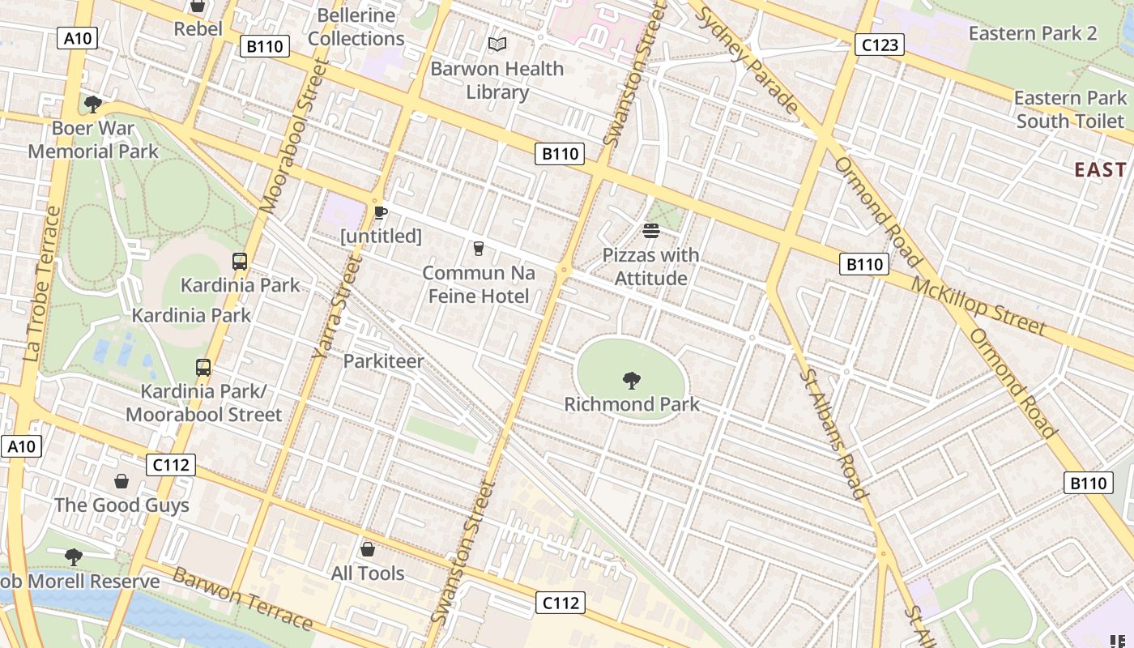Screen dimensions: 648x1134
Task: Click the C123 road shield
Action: click(880, 45)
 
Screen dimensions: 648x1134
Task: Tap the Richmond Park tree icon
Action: click(631, 380)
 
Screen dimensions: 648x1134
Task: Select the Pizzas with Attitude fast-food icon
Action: click(651, 231)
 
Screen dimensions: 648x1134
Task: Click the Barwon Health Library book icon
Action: click(497, 45)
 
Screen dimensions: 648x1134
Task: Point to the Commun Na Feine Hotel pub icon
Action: click(478, 248)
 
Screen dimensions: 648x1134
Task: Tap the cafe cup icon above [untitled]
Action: click(380, 212)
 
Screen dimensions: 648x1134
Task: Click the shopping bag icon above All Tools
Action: click(367, 549)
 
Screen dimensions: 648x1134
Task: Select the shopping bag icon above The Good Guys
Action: click(122, 481)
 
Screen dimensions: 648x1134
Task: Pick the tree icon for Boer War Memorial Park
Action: click(93, 104)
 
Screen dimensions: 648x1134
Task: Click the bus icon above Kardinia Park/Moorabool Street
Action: click(203, 367)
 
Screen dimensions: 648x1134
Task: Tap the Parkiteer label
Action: click(383, 361)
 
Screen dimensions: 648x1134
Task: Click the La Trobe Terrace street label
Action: click(42, 283)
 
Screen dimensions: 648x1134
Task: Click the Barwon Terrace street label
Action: click(242, 599)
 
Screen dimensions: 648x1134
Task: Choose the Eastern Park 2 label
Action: click(1033, 33)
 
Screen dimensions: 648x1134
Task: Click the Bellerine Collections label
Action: click(356, 27)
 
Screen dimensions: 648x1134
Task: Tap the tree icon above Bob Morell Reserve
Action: click(74, 556)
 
